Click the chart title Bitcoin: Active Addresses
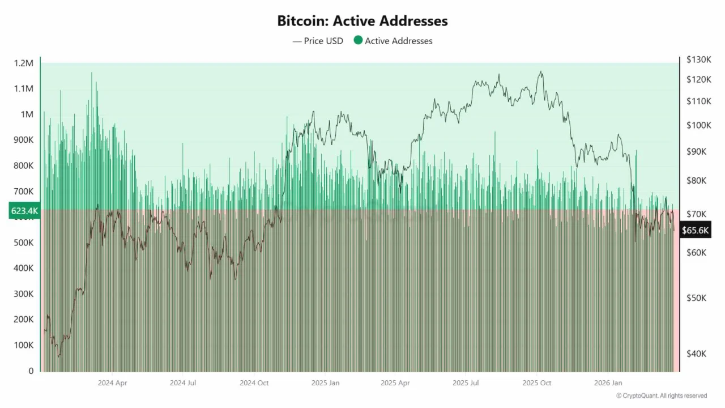[x=362, y=21]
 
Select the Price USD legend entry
[x=318, y=41]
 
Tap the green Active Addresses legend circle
[x=358, y=40]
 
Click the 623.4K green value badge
[x=24, y=211]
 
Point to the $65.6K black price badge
[x=695, y=231]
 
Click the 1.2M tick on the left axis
[x=23, y=63]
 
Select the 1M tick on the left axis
[x=27, y=114]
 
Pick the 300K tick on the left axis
[x=23, y=294]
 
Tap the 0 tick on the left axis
[x=31, y=371]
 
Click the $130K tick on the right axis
[x=698, y=59]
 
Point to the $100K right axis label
[x=698, y=125]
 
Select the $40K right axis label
[x=696, y=354]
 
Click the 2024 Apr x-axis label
[x=112, y=383]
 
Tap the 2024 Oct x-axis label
[x=254, y=383]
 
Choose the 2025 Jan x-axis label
[x=325, y=383]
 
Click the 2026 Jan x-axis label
[x=608, y=383]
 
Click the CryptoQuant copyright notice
[x=661, y=396]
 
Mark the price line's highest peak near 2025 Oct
[x=541, y=71]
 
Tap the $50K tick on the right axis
[x=696, y=297]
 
